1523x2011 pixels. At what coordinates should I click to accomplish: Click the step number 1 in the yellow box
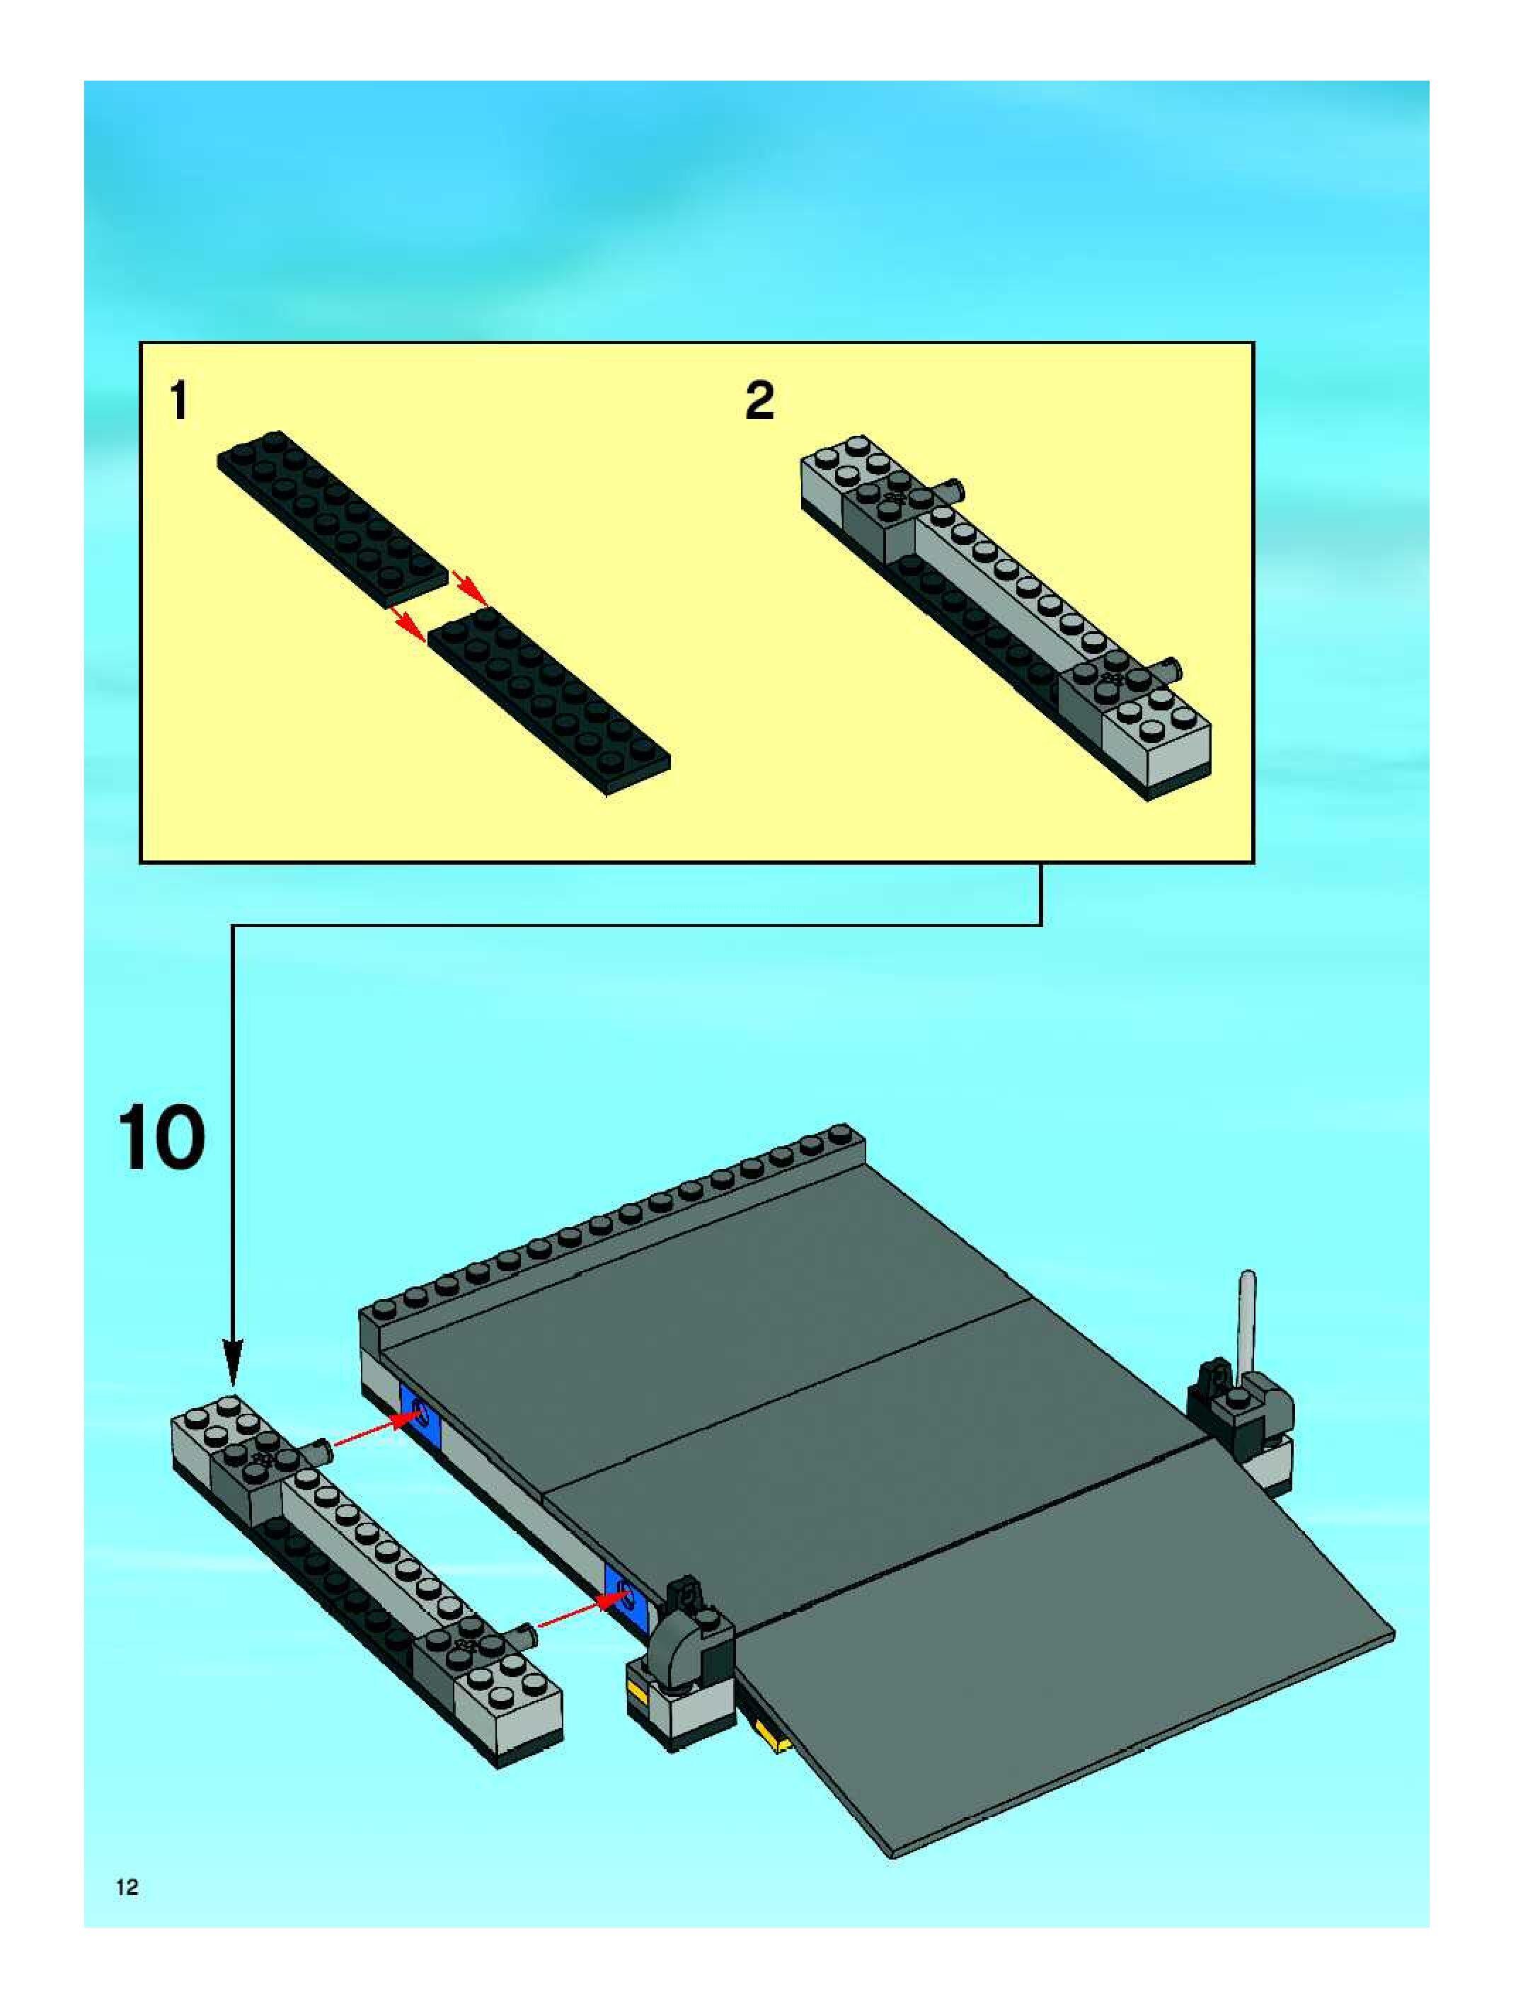[x=179, y=401]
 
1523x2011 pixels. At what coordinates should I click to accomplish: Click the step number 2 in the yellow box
[x=759, y=401]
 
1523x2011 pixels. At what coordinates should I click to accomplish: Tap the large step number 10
[x=162, y=1139]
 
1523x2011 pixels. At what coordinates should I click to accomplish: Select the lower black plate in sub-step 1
[x=549, y=702]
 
